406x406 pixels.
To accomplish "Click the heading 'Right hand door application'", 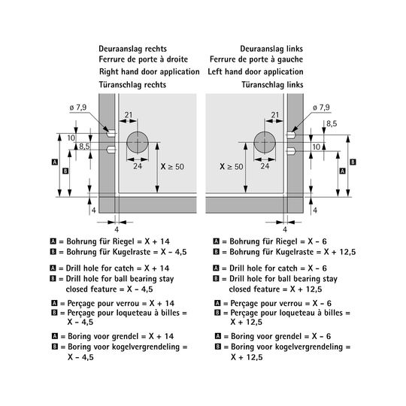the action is [149, 71].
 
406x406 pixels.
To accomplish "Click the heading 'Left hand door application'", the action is [256, 71].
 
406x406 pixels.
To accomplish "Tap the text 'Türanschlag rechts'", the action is [132, 85].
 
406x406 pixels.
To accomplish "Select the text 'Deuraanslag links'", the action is [271, 49].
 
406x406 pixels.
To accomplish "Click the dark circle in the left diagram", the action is [138, 142].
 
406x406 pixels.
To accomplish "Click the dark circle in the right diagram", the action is [265, 142].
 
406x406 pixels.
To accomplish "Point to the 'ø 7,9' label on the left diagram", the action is [78, 108].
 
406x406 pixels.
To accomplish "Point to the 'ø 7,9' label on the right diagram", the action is [321, 108].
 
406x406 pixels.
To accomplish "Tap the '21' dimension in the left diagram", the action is [128, 115].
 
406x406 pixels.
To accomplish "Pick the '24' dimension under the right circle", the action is [265, 166].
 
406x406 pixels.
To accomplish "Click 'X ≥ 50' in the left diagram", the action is [172, 166].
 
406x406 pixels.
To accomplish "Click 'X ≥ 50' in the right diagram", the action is [232, 166].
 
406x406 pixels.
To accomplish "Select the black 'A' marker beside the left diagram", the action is [55, 162].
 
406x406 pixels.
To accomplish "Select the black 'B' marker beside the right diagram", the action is [353, 162].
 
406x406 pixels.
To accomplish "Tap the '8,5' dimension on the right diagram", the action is [332, 124].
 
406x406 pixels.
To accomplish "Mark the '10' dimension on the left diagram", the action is [71, 138].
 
